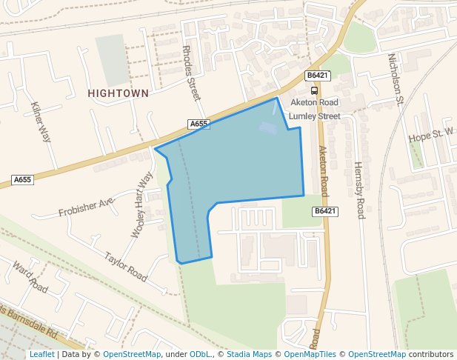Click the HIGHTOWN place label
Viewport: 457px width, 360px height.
tap(118, 93)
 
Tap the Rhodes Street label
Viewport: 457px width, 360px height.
tap(191, 73)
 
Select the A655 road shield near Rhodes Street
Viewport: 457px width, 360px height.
tap(199, 124)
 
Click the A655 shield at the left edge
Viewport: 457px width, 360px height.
tap(23, 180)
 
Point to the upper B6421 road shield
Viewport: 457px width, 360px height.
tap(317, 76)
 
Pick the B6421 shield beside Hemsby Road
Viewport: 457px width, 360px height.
tap(325, 211)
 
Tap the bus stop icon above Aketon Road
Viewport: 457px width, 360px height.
tap(315, 90)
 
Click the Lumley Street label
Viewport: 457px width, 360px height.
tap(314, 116)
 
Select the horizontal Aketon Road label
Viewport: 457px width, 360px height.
tap(314, 102)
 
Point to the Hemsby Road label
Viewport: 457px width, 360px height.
tap(360, 190)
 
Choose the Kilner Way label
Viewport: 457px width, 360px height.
tap(41, 121)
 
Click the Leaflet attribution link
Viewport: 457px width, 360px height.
tap(41, 354)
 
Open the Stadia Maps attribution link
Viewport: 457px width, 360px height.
tap(249, 354)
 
